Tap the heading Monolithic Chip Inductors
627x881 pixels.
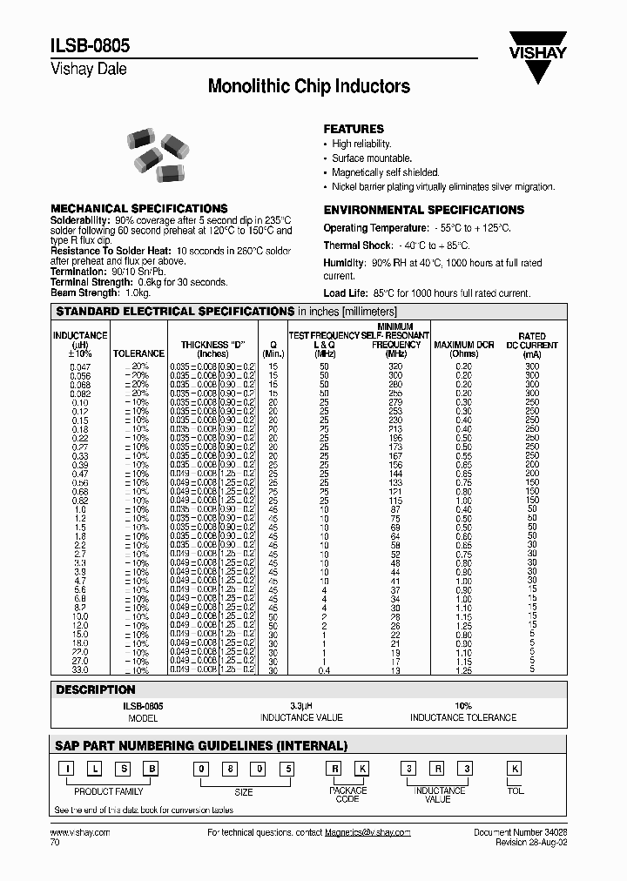[x=309, y=86]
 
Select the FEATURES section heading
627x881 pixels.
[x=354, y=129]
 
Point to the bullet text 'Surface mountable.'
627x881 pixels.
[x=372, y=158]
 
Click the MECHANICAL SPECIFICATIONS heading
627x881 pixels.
[x=139, y=209]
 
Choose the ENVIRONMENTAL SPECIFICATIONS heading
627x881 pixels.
[x=424, y=210]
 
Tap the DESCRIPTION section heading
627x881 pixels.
[x=96, y=689]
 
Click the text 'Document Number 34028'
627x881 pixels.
[x=520, y=833]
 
